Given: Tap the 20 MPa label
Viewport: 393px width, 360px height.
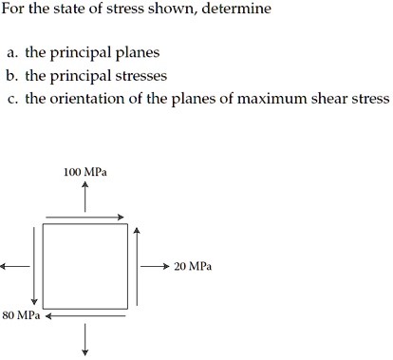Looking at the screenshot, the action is tap(193, 267).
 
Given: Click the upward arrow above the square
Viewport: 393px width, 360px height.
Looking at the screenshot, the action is tap(84, 198).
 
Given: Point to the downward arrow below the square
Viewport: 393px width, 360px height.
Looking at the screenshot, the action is tap(84, 338).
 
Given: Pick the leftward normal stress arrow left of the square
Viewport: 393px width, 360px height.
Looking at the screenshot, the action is tap(16, 267).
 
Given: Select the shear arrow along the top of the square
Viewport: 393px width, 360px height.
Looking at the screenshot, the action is tap(84, 218).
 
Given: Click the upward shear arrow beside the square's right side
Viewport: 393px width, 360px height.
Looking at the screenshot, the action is tap(137, 265).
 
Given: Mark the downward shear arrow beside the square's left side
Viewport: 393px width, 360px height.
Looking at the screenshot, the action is tap(34, 265).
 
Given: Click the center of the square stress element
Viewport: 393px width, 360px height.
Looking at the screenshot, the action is tap(84, 266).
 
